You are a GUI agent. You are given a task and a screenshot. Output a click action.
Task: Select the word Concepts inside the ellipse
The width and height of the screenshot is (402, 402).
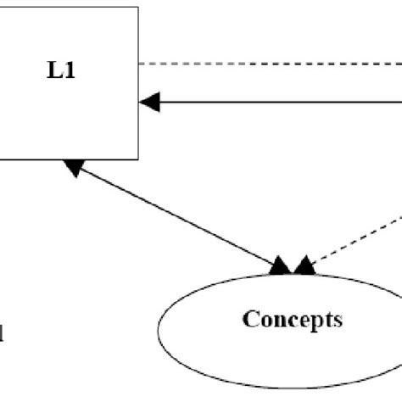[293, 320]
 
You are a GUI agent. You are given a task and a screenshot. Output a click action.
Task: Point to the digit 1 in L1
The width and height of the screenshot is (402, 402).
[67, 70]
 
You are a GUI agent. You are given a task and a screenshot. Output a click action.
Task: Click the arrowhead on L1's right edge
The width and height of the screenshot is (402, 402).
[149, 103]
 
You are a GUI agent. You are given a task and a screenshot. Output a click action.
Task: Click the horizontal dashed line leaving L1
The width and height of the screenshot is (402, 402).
[271, 63]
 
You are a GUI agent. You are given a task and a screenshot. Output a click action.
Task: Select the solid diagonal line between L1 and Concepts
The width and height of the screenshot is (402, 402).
[178, 220]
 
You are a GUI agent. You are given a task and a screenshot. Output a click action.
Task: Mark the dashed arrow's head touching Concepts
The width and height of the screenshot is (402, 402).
[303, 268]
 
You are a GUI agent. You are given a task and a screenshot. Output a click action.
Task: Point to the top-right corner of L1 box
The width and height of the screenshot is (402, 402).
[138, 8]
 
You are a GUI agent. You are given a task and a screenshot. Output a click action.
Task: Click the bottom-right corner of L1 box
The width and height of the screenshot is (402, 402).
[138, 159]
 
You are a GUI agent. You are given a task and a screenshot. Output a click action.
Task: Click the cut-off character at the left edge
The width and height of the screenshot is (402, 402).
[3, 334]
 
